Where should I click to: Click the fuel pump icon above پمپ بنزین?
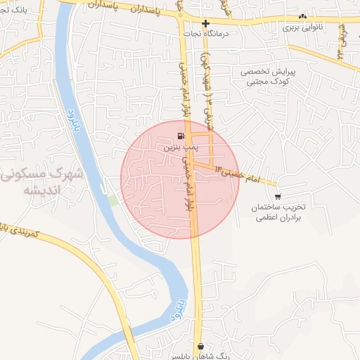pyautogui.click(x=182, y=136)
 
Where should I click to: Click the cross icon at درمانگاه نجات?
pyautogui.click(x=205, y=23)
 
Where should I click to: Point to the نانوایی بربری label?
pyautogui.click(x=302, y=28)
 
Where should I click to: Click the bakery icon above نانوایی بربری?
pyautogui.click(x=302, y=17)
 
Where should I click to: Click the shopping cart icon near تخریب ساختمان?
pyautogui.click(x=278, y=196)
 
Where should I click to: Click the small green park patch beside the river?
pyautogui.click(x=113, y=200)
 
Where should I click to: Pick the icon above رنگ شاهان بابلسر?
pyautogui.click(x=202, y=346)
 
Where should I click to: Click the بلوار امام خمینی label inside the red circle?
pyautogui.click(x=187, y=186)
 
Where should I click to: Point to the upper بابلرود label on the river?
pyautogui.click(x=72, y=105)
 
